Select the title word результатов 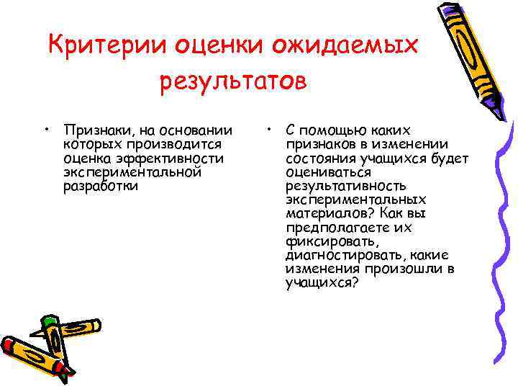(x=233, y=81)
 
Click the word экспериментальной (x=132, y=172)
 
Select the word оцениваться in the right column (x=328, y=172)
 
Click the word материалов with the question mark (x=327, y=213)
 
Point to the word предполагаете (x=337, y=228)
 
